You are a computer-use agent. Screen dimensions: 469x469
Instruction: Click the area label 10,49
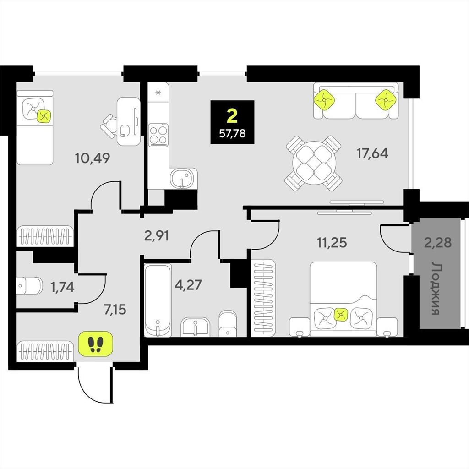click(93, 158)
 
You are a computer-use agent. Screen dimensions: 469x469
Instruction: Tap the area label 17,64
click(372, 153)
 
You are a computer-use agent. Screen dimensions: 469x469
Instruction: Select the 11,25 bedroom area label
click(332, 243)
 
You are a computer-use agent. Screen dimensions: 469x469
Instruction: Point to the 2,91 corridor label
click(157, 235)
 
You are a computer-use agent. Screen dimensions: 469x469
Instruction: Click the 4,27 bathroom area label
click(188, 285)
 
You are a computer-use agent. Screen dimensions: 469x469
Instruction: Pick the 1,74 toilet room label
click(62, 287)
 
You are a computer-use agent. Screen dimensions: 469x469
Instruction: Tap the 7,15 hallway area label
click(115, 309)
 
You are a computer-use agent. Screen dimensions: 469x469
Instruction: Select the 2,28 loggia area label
click(438, 242)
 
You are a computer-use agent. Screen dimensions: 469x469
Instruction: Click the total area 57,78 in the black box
click(232, 133)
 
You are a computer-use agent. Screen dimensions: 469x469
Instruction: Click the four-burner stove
click(158, 135)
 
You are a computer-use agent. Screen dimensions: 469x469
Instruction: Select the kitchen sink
click(183, 179)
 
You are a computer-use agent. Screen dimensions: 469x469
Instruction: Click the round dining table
click(314, 164)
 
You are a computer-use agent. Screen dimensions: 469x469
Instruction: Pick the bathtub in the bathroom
click(158, 300)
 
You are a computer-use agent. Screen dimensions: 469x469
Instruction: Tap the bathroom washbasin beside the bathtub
click(196, 327)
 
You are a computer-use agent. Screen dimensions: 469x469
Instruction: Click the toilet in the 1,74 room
click(29, 286)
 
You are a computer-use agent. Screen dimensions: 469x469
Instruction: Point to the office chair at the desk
click(109, 126)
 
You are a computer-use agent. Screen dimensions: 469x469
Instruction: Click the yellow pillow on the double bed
click(341, 314)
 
